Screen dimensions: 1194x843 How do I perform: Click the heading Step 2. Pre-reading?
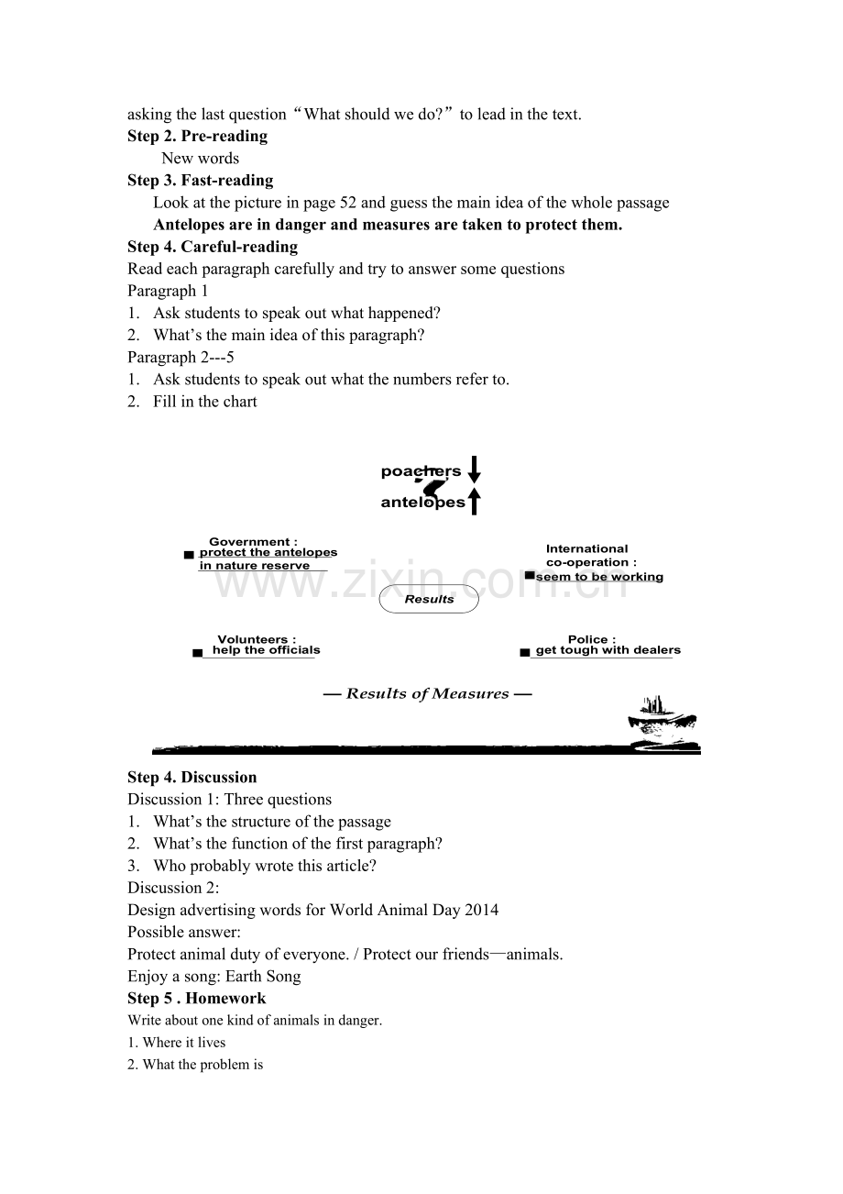[197, 137]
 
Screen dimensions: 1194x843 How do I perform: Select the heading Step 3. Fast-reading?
[200, 181]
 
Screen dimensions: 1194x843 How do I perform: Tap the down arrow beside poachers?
[474, 470]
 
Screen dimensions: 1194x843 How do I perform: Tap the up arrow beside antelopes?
[474, 501]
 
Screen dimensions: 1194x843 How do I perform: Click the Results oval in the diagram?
[429, 599]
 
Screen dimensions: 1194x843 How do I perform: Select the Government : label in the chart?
[253, 542]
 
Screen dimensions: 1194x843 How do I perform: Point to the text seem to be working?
[599, 577]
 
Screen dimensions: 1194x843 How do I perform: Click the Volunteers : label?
[257, 639]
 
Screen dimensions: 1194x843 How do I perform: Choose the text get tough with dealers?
[608, 650]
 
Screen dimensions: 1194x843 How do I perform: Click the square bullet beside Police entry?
[525, 653]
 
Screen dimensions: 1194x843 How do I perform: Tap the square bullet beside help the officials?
[198, 653]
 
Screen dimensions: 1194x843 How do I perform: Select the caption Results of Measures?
[427, 694]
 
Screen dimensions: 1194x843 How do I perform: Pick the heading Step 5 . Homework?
[196, 999]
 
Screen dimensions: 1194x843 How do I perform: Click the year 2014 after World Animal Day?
[482, 911]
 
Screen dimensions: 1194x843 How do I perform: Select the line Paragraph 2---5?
[181, 358]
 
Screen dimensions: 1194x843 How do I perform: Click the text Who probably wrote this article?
[265, 866]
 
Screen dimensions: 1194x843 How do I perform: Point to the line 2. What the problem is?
[195, 1065]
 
